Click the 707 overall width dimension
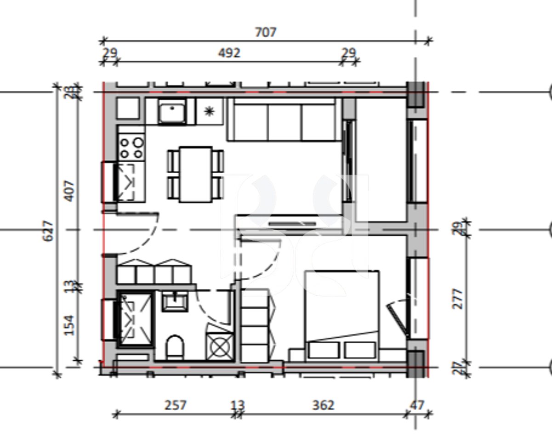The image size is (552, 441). (266, 32)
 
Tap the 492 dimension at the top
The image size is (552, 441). (229, 53)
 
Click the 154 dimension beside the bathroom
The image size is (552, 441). (69, 325)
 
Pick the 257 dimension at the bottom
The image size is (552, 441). (176, 405)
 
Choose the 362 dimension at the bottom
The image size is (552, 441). (323, 405)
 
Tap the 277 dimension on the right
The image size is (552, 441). (458, 299)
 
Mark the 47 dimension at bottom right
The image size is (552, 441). (417, 405)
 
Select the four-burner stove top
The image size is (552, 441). (131, 147)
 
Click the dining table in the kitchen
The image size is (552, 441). (196, 175)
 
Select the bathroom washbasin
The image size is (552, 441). (175, 302)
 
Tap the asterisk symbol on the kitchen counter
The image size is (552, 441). (210, 111)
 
